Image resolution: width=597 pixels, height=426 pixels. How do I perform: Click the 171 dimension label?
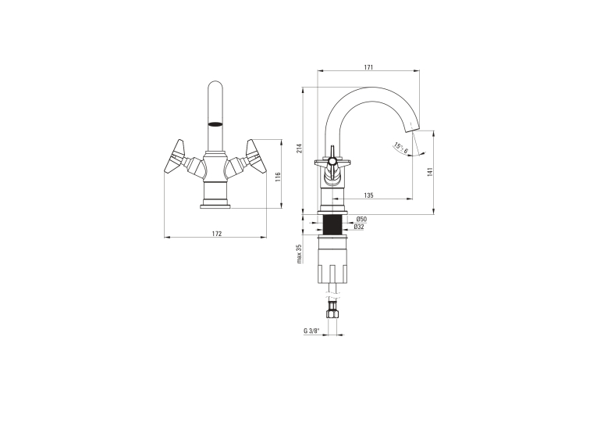[368, 67]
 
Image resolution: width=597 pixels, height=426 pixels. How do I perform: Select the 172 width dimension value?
[217, 234]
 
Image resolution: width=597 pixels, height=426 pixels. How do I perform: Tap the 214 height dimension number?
[299, 149]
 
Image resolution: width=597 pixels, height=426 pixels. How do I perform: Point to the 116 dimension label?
[278, 177]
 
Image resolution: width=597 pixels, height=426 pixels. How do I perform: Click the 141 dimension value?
[430, 172]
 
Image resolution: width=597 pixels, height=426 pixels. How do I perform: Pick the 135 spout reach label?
[368, 195]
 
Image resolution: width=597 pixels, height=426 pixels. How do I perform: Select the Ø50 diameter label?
[361, 219]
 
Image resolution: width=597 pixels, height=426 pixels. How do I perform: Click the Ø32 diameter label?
[359, 227]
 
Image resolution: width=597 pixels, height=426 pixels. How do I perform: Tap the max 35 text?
[299, 253]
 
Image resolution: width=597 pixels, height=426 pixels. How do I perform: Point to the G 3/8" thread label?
[311, 331]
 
